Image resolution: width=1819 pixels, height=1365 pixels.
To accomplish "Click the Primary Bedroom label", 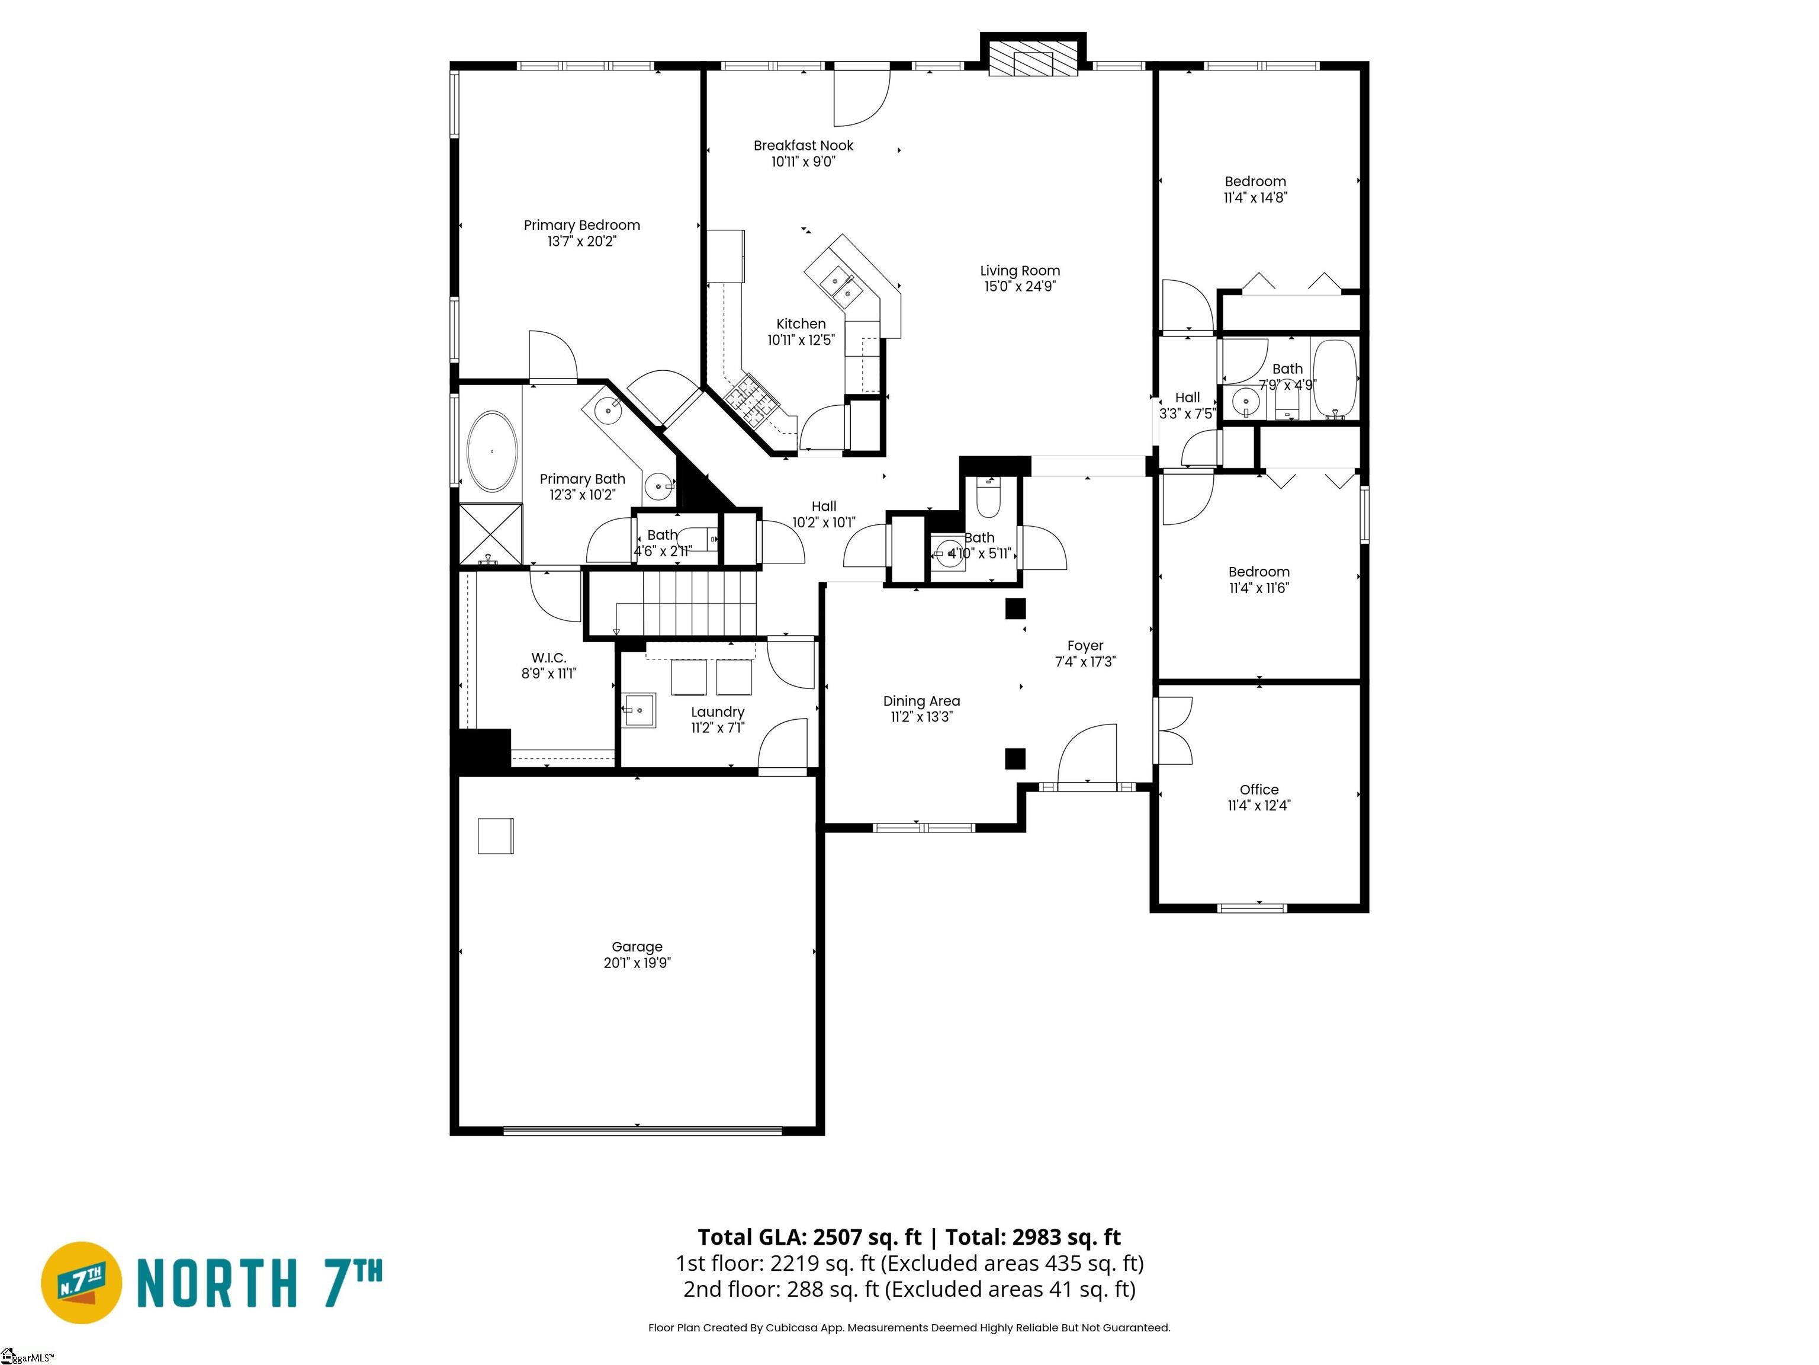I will tap(581, 225).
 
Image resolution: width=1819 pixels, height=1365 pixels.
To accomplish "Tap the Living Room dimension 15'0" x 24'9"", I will tap(1020, 286).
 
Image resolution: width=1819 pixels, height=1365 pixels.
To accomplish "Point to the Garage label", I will tap(637, 947).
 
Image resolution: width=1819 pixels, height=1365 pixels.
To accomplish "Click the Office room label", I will tap(1259, 789).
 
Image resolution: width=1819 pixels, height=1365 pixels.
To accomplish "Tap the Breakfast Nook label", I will tap(804, 146).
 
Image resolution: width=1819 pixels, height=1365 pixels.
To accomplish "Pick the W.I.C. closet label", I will tap(548, 658).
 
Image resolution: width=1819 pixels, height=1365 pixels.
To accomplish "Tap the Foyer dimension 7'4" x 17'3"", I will tap(1085, 662).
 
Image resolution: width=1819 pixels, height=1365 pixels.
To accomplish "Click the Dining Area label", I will tap(921, 701).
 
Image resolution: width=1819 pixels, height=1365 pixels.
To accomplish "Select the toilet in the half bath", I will tap(988, 499).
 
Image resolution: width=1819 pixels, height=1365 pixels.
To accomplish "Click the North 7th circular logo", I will tap(81, 1282).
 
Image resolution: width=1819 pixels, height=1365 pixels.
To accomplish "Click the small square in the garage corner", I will tap(496, 836).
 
